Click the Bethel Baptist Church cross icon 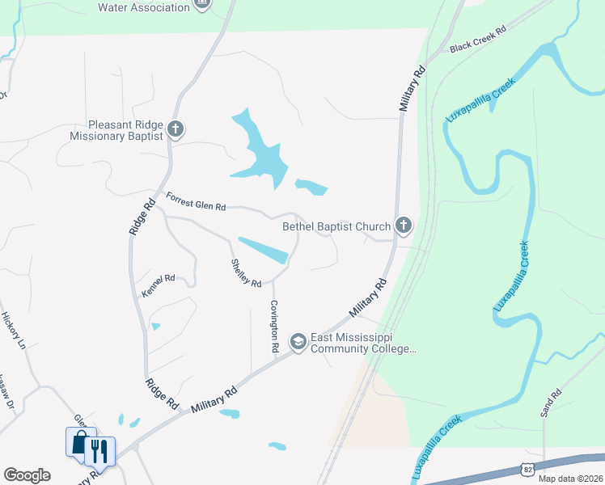pos(404,226)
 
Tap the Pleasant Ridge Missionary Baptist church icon pos(176,129)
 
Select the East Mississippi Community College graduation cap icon pos(298,342)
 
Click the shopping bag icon pos(80,443)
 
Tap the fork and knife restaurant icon pos(99,450)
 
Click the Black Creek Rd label pos(477,39)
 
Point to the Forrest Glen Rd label pos(196,201)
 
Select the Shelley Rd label pos(247,272)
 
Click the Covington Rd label pos(275,326)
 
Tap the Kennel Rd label pos(159,286)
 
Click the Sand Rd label pos(551,403)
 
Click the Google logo pos(27,475)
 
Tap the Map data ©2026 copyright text pos(570,478)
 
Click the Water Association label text pos(144,7)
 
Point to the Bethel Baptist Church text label pos(336,227)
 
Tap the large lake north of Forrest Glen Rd pos(262,154)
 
